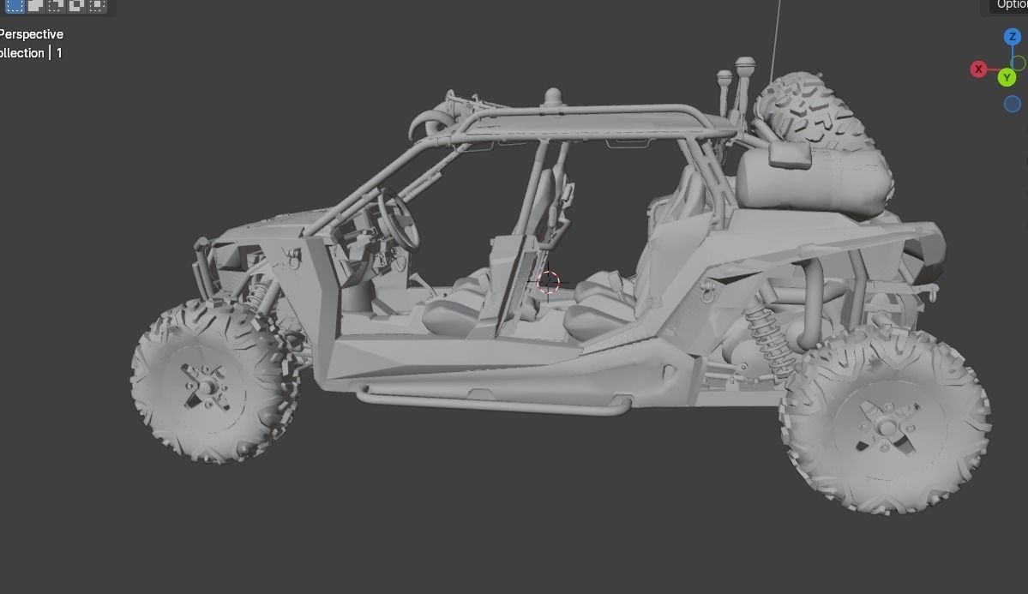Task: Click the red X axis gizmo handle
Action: click(x=978, y=69)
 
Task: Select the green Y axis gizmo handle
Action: click(x=1007, y=78)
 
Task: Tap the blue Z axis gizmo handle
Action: click(x=1012, y=37)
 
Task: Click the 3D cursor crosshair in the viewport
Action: click(x=548, y=282)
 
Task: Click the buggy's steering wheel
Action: click(x=400, y=218)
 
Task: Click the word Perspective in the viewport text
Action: click(x=31, y=34)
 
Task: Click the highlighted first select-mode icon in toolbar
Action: click(x=15, y=5)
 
